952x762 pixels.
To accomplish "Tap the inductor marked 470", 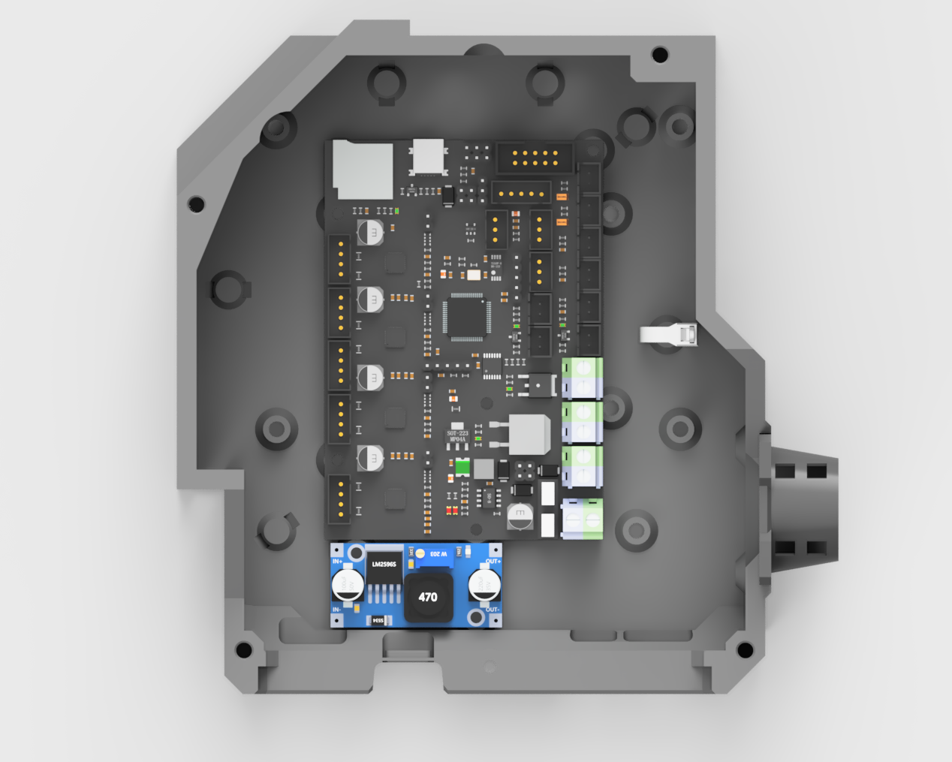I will coord(428,597).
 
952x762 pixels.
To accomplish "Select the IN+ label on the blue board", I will coord(337,562).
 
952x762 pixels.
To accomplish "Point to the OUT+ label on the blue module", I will coord(493,562).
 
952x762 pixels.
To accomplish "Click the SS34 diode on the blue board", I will coord(378,620).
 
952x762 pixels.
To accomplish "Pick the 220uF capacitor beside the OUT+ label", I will coord(484,584).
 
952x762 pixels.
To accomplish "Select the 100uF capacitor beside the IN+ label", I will coord(348,584).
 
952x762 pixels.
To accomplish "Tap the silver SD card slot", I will coord(363,170).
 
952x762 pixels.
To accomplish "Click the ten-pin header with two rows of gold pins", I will coord(535,158).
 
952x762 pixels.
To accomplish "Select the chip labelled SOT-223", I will coord(457,435).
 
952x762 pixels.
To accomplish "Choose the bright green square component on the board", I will coord(462,468).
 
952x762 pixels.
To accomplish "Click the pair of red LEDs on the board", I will coord(452,511).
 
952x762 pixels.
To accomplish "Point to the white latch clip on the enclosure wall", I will coord(669,334).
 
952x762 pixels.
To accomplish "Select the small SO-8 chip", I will coord(489,497).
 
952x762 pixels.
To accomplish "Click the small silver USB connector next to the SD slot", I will coord(428,157).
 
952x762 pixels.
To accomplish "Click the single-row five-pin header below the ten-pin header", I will coord(521,193).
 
